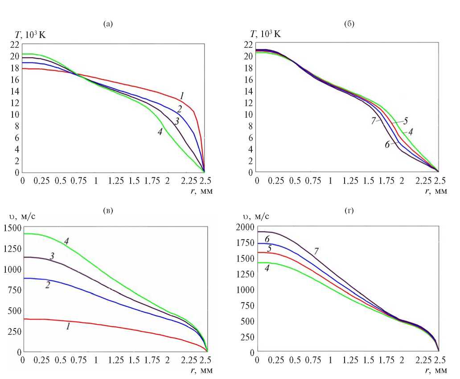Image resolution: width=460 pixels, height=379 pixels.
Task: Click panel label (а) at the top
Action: (x=108, y=24)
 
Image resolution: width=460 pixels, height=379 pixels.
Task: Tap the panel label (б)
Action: (x=349, y=24)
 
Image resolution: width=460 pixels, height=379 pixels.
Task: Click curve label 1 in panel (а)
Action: (x=182, y=95)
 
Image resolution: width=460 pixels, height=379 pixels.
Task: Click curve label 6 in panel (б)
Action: (x=387, y=144)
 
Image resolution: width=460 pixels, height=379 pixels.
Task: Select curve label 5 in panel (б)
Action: (x=406, y=121)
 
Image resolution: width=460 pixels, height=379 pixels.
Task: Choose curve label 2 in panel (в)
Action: (x=48, y=284)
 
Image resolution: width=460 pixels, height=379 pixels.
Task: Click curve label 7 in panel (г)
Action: (x=316, y=252)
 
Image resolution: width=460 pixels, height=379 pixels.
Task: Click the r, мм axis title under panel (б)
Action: (x=435, y=191)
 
